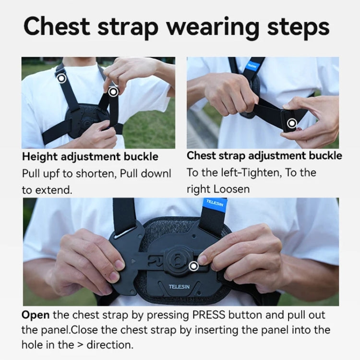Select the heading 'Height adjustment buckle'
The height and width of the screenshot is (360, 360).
[x=90, y=157]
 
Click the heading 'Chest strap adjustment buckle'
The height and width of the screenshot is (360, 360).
[x=264, y=156]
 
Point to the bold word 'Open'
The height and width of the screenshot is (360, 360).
[x=35, y=315]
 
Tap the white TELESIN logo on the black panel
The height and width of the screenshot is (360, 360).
[x=179, y=287]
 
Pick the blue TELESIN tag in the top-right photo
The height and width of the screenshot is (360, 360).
[x=252, y=66]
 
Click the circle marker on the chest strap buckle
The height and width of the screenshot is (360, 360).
[x=291, y=124]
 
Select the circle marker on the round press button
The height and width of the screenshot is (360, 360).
[x=193, y=265]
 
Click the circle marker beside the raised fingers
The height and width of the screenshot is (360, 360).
[x=113, y=91]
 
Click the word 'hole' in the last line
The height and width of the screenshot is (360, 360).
[x=33, y=345]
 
